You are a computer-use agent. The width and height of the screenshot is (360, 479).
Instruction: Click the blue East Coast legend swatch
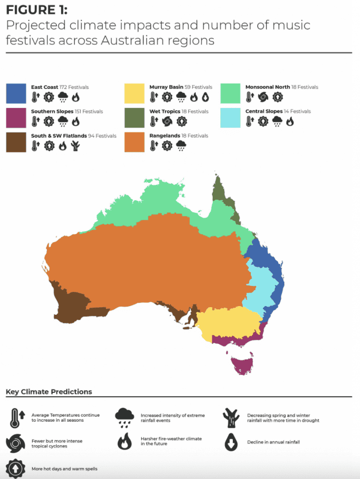pyautogui.click(x=16, y=93)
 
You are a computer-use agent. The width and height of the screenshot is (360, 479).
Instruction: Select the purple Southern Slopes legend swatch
pyautogui.click(x=16, y=118)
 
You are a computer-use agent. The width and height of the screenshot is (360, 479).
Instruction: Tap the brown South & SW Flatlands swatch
pyautogui.click(x=16, y=142)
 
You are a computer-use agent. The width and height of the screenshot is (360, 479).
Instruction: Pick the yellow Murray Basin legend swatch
pyautogui.click(x=135, y=93)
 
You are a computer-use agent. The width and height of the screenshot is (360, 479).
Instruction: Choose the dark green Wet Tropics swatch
pyautogui.click(x=135, y=118)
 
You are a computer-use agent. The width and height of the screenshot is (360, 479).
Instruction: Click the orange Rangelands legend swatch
pyautogui.click(x=135, y=142)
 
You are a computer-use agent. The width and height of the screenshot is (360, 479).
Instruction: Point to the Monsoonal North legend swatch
pyautogui.click(x=231, y=93)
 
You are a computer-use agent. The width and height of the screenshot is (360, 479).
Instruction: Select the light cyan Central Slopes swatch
pyautogui.click(x=231, y=118)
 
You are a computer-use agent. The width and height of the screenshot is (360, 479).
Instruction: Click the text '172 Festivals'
pyautogui.click(x=74, y=87)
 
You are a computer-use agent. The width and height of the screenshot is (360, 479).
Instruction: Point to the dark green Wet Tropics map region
pyautogui.click(x=220, y=188)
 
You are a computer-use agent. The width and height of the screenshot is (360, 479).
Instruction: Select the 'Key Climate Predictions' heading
pyautogui.click(x=49, y=392)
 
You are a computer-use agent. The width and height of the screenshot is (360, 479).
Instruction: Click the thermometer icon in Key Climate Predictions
pyautogui.click(x=14, y=418)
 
